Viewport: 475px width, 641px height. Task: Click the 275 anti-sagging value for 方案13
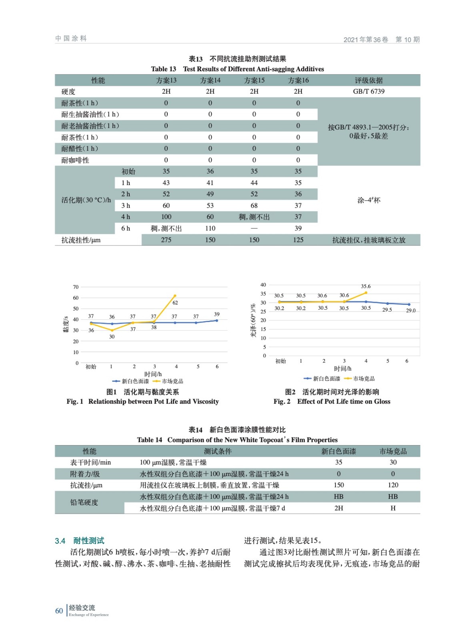[166, 240]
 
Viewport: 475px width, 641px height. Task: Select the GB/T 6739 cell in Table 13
[369, 91]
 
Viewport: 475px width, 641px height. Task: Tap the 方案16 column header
[298, 80]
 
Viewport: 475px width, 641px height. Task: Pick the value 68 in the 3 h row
[254, 206]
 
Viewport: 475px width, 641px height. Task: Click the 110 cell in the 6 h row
[210, 228]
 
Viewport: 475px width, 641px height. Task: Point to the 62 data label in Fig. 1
[175, 303]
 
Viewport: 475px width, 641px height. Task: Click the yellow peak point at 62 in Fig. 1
[175, 296]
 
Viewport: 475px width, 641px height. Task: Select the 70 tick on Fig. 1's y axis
[76, 287]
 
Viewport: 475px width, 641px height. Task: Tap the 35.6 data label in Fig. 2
[366, 286]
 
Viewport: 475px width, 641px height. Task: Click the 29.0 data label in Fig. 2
[411, 310]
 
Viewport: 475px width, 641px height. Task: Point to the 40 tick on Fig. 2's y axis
[263, 285]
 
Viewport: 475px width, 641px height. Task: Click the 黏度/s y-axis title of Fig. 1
[66, 325]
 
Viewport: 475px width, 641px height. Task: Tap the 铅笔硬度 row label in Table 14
[84, 502]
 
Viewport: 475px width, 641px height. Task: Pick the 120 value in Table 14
[393, 485]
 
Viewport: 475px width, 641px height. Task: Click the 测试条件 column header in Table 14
[218, 451]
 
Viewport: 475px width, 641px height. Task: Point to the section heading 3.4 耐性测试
[80, 541]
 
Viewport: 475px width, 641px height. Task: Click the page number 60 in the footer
[59, 611]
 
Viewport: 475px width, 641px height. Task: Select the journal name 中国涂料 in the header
[71, 38]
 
